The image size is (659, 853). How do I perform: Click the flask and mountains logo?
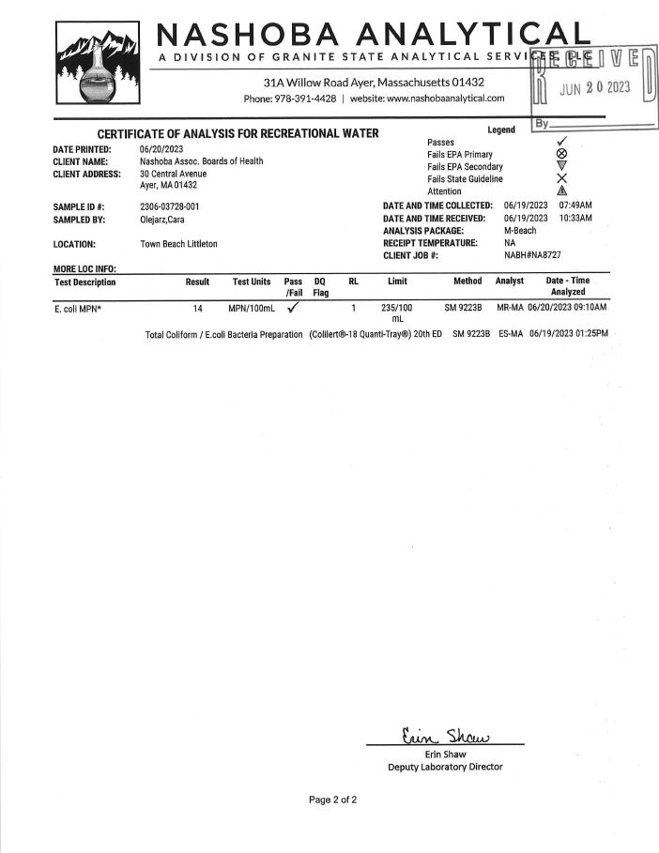[98, 66]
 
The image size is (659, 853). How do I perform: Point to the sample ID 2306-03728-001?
[169, 206]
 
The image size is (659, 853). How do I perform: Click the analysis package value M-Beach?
[522, 231]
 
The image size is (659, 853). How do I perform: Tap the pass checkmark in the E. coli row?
[293, 307]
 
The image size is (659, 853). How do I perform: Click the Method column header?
[467, 282]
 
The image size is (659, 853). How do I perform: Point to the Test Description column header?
[85, 282]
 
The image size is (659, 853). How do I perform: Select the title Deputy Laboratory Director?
[445, 767]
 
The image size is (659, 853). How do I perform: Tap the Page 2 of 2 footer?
[333, 800]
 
